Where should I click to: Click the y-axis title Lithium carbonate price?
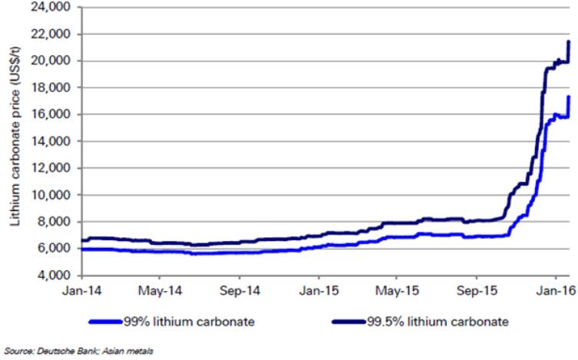coord(15,142)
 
